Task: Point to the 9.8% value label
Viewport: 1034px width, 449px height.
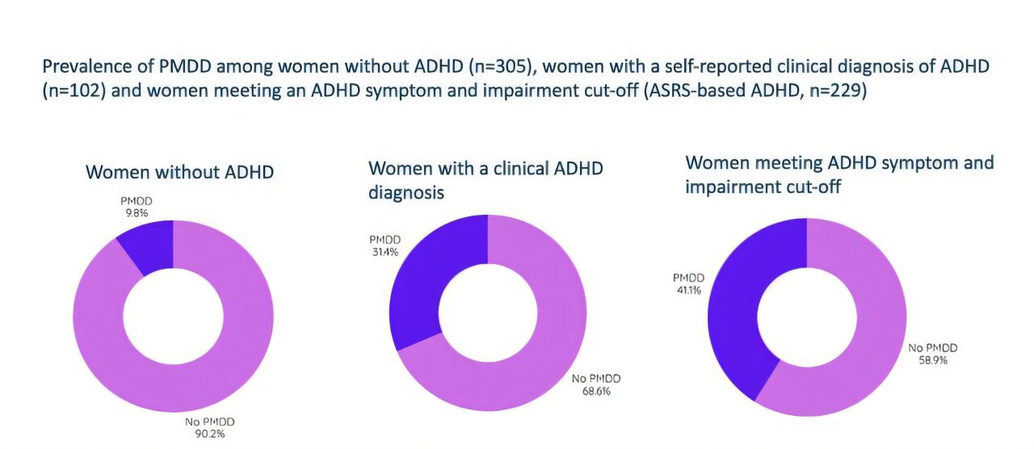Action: (135, 213)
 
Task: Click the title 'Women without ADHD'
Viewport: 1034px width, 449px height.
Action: (179, 172)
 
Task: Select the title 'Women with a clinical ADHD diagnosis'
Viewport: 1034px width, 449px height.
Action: (485, 180)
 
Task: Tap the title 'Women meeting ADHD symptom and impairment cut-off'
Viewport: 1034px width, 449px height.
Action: (839, 174)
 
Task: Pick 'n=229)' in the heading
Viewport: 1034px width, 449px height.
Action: (839, 90)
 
